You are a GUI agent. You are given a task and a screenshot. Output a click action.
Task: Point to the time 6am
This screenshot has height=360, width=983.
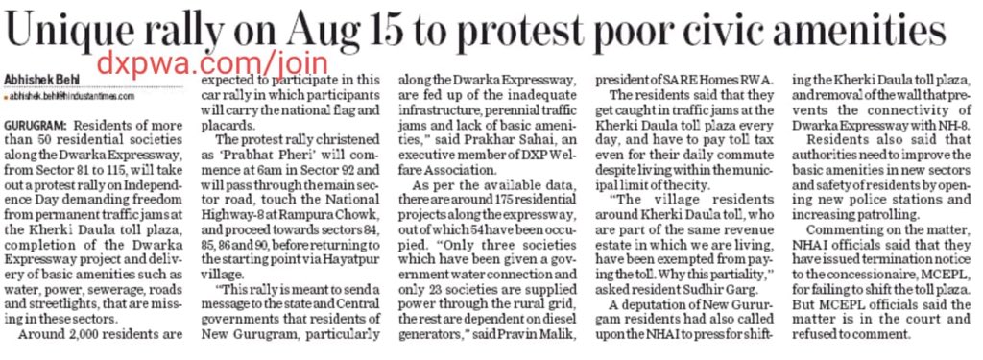[x=255, y=173]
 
